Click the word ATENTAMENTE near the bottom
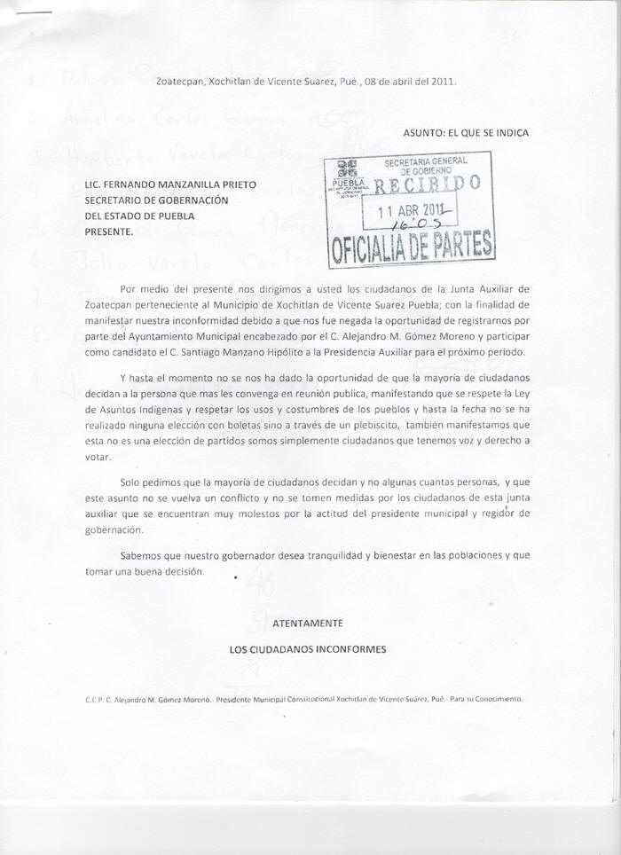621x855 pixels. coord(307,624)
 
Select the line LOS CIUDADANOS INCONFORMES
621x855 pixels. coord(308,649)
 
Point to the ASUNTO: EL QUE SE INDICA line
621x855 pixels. coord(466,133)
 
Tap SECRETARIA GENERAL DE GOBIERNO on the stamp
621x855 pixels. coord(425,165)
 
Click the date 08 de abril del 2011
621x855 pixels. coord(410,82)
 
